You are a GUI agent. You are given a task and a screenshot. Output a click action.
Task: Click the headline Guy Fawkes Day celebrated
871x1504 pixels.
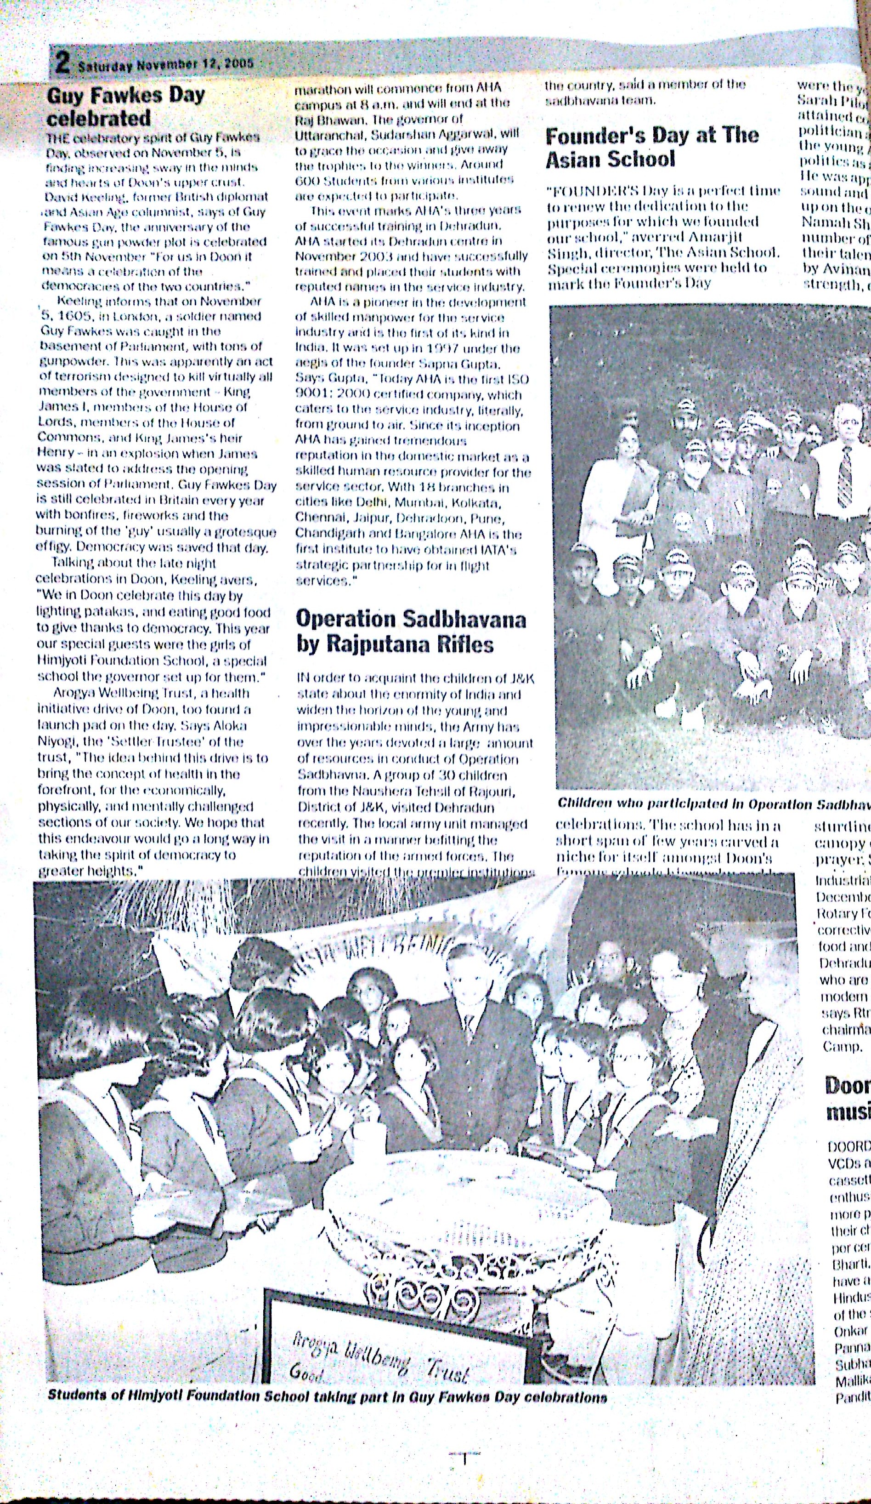(125, 106)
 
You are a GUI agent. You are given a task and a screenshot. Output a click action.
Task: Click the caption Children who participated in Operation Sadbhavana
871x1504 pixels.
(713, 803)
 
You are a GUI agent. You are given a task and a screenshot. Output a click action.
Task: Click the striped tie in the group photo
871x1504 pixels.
(845, 478)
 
